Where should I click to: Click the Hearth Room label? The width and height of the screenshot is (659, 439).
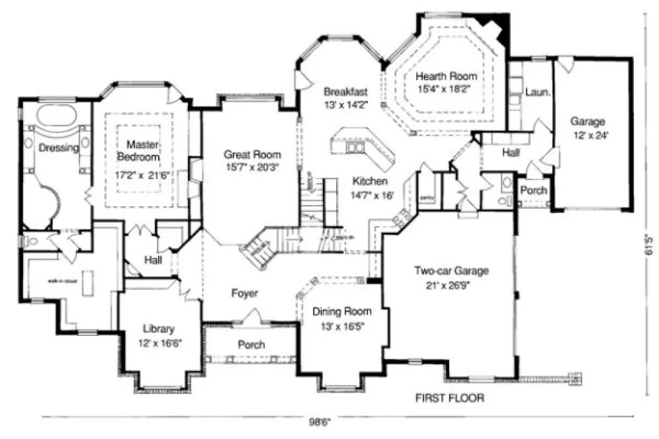[445, 76]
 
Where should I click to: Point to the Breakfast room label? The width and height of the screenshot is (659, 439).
[345, 91]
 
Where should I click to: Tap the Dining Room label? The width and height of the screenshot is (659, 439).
[341, 311]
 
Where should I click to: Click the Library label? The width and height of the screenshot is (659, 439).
[158, 329]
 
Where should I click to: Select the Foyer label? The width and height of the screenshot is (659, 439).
[244, 293]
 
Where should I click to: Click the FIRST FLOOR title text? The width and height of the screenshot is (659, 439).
[449, 398]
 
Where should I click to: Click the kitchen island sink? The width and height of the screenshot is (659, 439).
[355, 147]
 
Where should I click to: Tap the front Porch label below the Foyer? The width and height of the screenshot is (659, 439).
[251, 344]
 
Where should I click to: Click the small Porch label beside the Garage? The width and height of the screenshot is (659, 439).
[533, 190]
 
